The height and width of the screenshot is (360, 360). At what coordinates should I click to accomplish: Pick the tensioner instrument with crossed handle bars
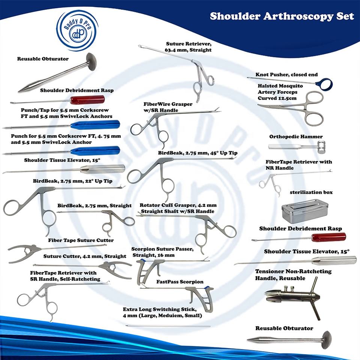(x=292, y=296)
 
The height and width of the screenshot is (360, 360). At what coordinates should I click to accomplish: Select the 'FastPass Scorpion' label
(x=180, y=281)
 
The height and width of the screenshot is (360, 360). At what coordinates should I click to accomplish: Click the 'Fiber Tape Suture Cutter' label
(x=81, y=240)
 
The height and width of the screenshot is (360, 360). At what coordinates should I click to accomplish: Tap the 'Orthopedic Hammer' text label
(x=296, y=136)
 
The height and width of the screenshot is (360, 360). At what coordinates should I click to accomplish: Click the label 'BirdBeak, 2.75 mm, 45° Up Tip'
(x=198, y=153)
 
